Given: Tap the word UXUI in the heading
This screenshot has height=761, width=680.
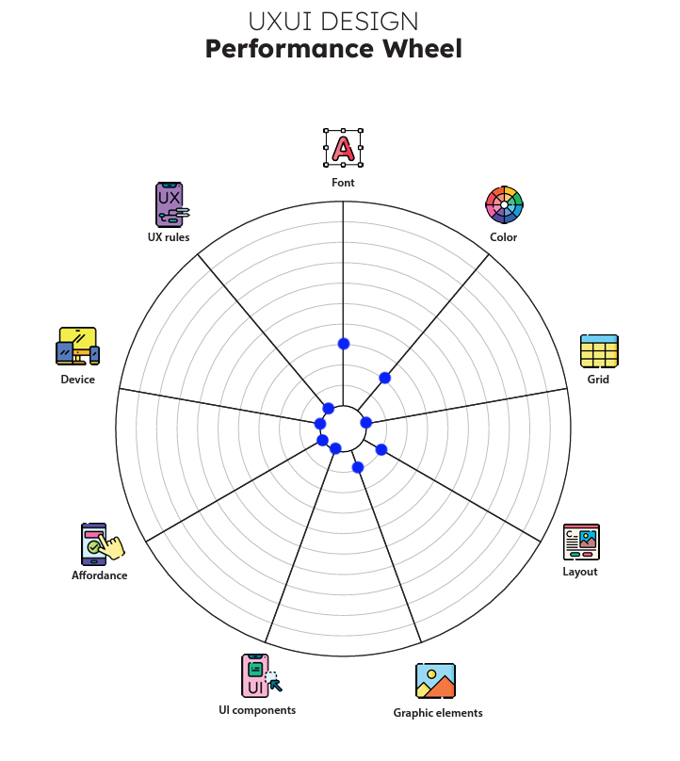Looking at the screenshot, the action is point(280,22).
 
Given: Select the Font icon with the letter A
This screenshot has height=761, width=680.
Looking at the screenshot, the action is point(344,148).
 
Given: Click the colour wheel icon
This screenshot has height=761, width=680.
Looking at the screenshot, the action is point(504,204).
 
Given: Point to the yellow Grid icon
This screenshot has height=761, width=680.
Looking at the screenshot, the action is point(599,350).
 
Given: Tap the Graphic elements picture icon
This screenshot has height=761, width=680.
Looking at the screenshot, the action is point(436,681).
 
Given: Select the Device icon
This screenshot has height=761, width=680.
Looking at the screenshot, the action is point(77,347).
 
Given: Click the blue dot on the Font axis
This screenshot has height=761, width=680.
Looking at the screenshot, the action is point(344,344).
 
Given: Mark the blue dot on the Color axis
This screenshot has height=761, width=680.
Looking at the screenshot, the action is point(384,378).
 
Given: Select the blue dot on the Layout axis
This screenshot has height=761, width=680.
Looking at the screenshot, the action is point(381,449).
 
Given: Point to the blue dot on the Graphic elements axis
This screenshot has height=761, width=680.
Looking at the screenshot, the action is point(357,467).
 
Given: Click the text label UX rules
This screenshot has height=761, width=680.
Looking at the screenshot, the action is point(169,237).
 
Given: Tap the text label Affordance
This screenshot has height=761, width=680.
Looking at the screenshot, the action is point(100,575).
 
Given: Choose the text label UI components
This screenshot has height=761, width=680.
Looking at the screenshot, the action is point(257,710).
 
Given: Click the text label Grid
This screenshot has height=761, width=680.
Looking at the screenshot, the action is point(598,380).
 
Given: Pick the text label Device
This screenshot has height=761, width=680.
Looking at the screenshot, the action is point(77,380).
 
